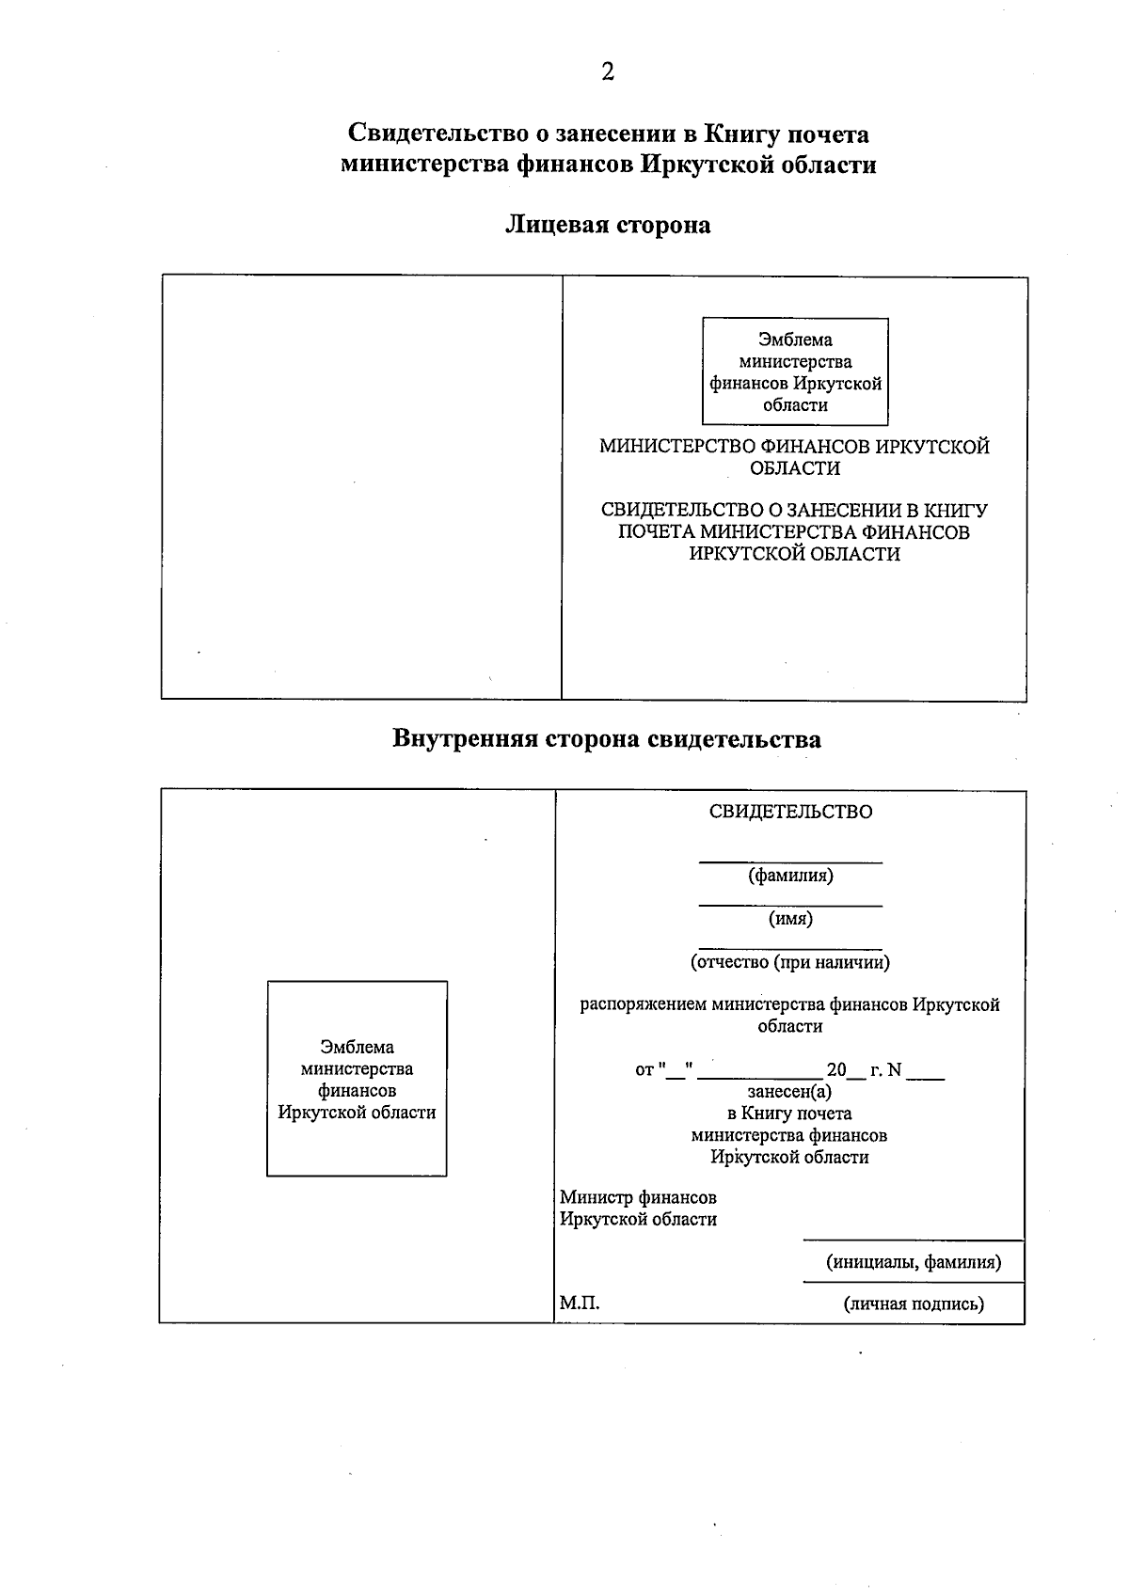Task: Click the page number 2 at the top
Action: [x=608, y=71]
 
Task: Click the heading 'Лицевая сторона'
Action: [x=608, y=225]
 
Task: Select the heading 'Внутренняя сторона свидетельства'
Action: [x=606, y=739]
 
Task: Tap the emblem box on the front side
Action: [x=795, y=371]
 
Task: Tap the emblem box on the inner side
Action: [x=357, y=1079]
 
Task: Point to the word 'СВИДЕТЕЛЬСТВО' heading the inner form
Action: [x=790, y=812]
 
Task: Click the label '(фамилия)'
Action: [x=790, y=876]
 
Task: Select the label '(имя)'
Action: [x=790, y=919]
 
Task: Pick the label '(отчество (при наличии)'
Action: [x=790, y=962]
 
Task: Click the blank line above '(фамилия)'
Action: [x=790, y=861]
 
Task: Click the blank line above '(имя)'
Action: [x=790, y=905]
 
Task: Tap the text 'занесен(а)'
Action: [x=789, y=1092]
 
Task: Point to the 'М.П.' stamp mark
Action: [x=580, y=1304]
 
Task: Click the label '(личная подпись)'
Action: [x=914, y=1304]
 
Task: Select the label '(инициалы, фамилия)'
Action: [x=914, y=1262]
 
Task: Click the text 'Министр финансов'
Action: [x=638, y=1197]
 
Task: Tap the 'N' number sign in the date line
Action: [x=894, y=1070]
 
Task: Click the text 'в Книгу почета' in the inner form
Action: [x=789, y=1114]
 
